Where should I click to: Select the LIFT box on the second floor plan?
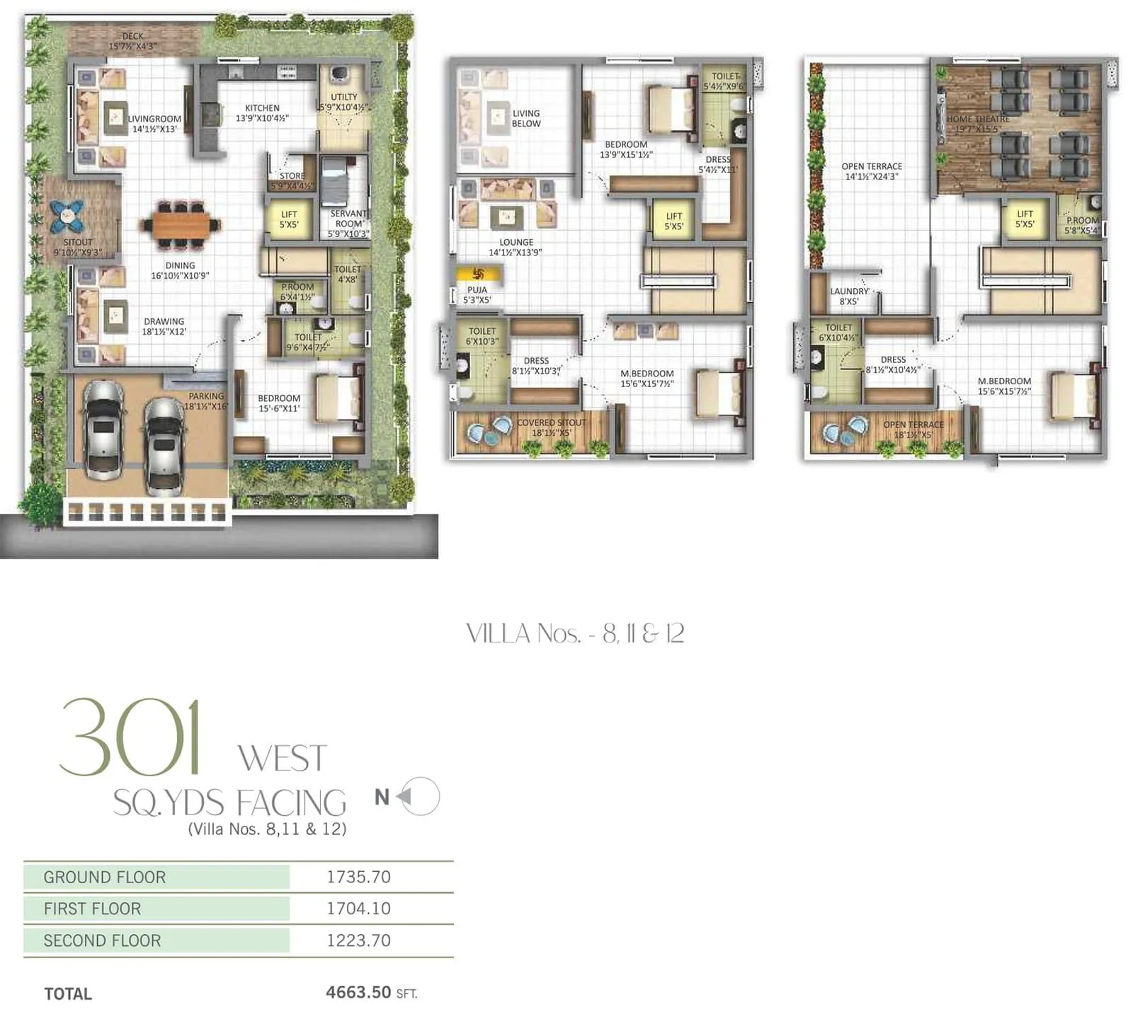1024,219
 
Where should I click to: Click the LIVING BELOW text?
526,118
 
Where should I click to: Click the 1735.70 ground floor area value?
358,877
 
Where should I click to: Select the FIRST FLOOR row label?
92,909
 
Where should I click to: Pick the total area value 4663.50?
358,992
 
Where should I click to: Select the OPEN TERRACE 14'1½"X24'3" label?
872,171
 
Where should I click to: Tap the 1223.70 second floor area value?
358,940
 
